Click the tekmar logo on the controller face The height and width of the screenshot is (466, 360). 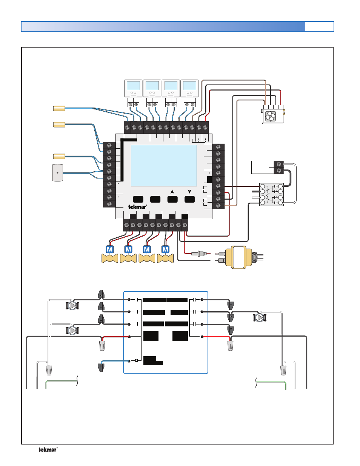click(137, 207)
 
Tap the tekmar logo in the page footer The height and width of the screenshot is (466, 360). click(48, 449)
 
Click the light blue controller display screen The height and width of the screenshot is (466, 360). click(164, 166)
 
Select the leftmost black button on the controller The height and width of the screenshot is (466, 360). click(138, 199)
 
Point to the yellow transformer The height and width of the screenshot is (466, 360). click(238, 257)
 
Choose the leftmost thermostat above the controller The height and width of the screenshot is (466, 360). click(133, 88)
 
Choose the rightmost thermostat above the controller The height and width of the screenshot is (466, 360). click(189, 88)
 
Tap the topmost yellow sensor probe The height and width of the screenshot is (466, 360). click(59, 109)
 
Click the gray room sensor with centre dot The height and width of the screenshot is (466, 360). click(57, 172)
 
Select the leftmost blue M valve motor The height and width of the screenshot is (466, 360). click(110, 249)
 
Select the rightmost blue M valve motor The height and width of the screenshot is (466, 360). click(165, 249)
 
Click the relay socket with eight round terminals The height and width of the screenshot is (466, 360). click(271, 194)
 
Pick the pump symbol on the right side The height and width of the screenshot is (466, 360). click(259, 318)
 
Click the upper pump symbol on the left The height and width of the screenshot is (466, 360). click(72, 305)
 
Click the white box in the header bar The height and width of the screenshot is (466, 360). click(319, 26)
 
